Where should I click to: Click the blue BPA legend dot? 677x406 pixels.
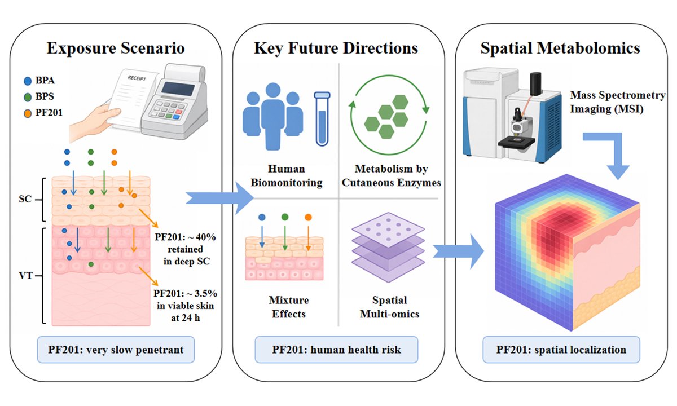pyautogui.click(x=28, y=81)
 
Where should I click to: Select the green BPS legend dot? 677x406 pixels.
pyautogui.click(x=28, y=97)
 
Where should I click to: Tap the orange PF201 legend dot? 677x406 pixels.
pyautogui.click(x=28, y=113)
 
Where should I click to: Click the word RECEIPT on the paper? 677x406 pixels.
pyautogui.click(x=137, y=78)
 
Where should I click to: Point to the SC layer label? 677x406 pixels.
pyautogui.click(x=25, y=199)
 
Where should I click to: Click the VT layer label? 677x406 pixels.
pyautogui.click(x=26, y=276)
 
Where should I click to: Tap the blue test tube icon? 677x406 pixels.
pyautogui.click(x=322, y=119)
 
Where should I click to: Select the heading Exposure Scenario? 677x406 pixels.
pyautogui.click(x=116, y=48)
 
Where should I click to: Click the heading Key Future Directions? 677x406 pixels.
pyautogui.click(x=336, y=48)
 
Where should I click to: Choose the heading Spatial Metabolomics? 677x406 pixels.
pyautogui.click(x=560, y=48)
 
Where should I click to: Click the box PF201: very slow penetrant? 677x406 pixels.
pyautogui.click(x=116, y=350)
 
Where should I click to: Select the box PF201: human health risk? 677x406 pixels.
pyautogui.click(x=336, y=350)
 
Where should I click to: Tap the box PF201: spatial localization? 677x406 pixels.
pyautogui.click(x=561, y=350)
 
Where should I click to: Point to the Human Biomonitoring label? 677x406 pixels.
pyautogui.click(x=287, y=175)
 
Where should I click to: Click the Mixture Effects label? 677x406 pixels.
pyautogui.click(x=289, y=307)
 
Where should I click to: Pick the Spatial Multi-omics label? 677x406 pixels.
pyautogui.click(x=389, y=307)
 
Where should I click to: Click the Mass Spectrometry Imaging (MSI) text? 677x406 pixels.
pyautogui.click(x=617, y=102)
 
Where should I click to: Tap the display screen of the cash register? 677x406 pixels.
pyautogui.click(x=178, y=89)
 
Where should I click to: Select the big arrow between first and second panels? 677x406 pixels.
pyautogui.click(x=219, y=198)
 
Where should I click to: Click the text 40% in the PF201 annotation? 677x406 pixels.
pyautogui.click(x=205, y=237)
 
